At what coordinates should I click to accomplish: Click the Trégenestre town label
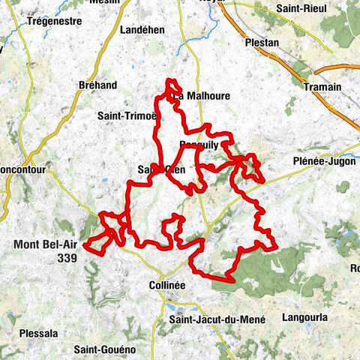tap(54, 21)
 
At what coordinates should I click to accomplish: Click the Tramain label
tap(322, 87)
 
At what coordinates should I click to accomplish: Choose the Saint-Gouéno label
tap(104, 349)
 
